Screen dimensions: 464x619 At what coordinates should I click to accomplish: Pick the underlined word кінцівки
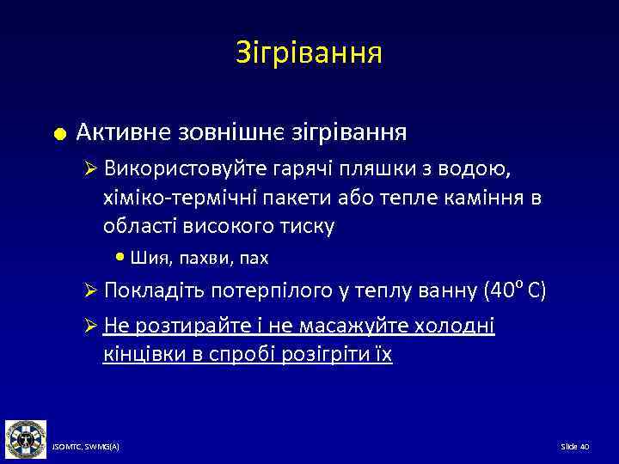pos(140,355)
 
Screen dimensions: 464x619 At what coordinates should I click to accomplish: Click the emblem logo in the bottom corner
pos(27,438)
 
